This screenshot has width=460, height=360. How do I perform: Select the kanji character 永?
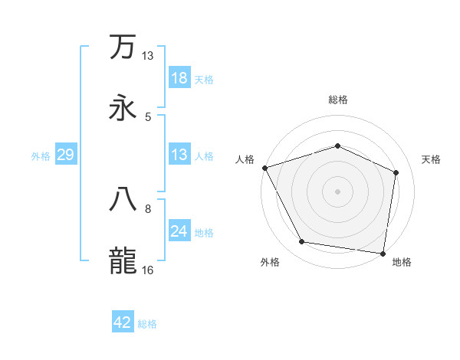coord(123,108)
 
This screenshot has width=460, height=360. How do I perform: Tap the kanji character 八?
coord(123,199)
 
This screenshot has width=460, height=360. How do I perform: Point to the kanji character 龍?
coord(123,261)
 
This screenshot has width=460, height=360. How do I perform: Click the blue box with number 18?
coord(179,78)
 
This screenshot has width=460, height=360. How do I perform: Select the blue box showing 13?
coord(179,155)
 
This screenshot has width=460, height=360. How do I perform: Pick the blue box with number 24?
coord(179,232)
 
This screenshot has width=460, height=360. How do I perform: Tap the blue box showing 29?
coord(65,155)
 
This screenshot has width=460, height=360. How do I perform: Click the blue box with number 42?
coord(123,322)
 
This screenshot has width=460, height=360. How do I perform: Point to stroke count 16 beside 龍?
coord(147,270)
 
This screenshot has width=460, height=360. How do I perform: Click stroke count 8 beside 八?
coord(148,208)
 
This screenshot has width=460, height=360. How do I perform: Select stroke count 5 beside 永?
coord(148,117)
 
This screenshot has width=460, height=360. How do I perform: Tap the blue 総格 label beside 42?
coord(147,324)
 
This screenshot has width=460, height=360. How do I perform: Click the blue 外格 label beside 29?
coord(41,156)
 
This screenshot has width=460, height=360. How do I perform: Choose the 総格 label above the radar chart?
coord(337,100)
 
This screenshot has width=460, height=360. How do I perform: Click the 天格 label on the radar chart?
coord(432,159)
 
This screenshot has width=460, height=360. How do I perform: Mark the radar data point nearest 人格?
coord(264,168)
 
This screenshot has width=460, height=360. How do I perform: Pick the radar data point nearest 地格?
coord(383,253)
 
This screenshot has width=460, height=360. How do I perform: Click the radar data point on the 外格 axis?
coord(302,242)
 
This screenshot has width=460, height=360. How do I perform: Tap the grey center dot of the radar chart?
coord(337,191)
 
